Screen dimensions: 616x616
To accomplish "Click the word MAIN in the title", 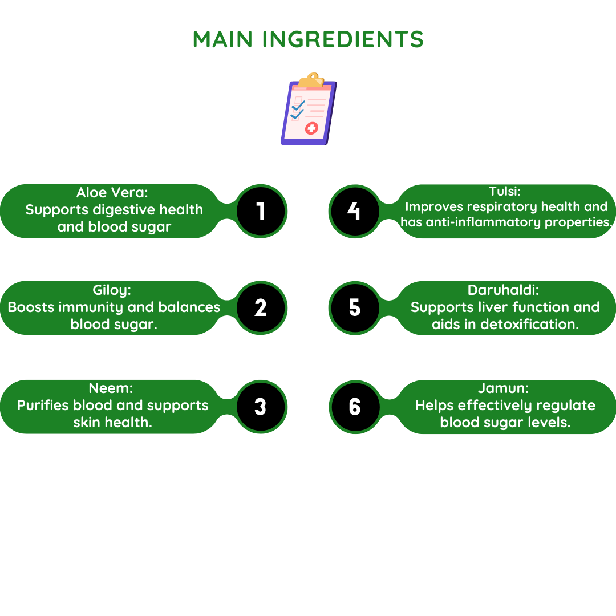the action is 222,39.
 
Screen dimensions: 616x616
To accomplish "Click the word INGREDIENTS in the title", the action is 343,39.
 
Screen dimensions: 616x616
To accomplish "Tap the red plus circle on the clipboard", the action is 311,128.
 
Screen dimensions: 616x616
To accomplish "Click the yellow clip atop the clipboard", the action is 311,79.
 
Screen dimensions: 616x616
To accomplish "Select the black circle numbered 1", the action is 261,211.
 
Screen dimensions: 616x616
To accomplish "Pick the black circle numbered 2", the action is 261,307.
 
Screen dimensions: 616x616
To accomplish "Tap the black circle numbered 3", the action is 261,407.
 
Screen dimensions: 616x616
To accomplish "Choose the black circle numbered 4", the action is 355,211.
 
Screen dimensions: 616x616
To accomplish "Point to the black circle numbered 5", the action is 355,307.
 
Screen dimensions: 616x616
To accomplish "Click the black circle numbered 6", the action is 355,407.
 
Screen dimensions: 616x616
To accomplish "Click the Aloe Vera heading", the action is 112,193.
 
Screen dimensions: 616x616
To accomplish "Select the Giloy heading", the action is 112,290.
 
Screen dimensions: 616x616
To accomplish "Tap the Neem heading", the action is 111,388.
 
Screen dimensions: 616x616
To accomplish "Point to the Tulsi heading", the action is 505,191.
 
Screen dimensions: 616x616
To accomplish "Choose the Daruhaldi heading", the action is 503,290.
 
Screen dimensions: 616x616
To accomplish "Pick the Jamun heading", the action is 503,388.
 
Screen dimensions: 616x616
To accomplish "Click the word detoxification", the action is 530,324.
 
